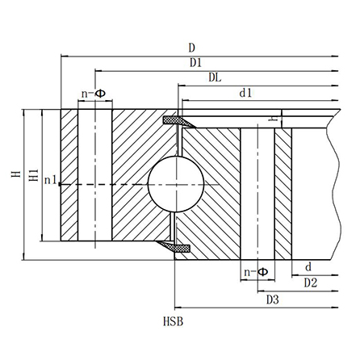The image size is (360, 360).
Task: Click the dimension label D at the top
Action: [191, 48]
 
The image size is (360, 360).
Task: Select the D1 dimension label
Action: [196, 63]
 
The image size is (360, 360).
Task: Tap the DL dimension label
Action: [216, 78]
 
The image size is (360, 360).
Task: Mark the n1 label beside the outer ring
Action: [50, 180]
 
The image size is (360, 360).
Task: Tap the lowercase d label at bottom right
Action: [308, 267]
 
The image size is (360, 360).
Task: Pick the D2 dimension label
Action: [310, 283]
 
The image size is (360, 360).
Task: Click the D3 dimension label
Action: [272, 300]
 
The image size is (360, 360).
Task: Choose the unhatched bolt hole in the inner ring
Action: [258, 194]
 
